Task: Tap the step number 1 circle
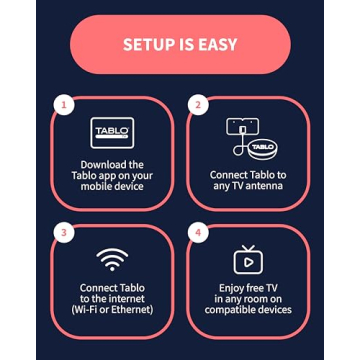pos(64,104)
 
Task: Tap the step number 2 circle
pos(199,104)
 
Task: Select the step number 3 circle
pos(64,233)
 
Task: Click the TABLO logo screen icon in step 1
pos(112,132)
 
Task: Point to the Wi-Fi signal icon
pos(112,259)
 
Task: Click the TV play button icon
pos(247,261)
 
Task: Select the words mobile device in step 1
pos(112,186)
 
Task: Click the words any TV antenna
pos(248,185)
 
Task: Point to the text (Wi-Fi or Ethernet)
pos(112,310)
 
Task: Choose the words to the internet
pos(112,299)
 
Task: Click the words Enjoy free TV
pos(248,288)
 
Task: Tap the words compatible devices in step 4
pos(248,310)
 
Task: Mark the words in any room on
pos(248,299)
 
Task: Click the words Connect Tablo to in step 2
pos(248,174)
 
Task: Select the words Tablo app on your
pos(112,175)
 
